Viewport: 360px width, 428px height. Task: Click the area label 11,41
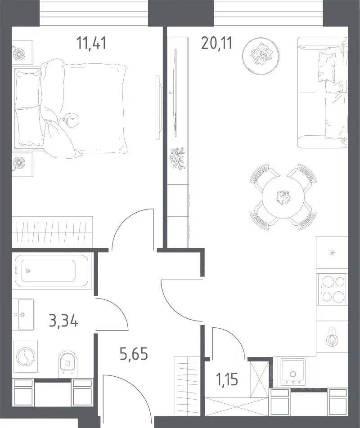[91, 43]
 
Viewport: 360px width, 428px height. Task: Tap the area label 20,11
[216, 43]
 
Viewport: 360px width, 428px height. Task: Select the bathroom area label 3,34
[63, 321]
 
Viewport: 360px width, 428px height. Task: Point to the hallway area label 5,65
[134, 353]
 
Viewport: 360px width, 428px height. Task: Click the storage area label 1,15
[227, 379]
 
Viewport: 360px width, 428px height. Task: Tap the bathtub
[52, 271]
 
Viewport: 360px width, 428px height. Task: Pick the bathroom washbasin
[23, 314]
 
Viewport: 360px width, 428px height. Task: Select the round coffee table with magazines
[261, 56]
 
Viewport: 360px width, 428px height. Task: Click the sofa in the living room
[323, 93]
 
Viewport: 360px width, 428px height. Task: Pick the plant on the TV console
[177, 159]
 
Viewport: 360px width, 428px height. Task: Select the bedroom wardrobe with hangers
[53, 232]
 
